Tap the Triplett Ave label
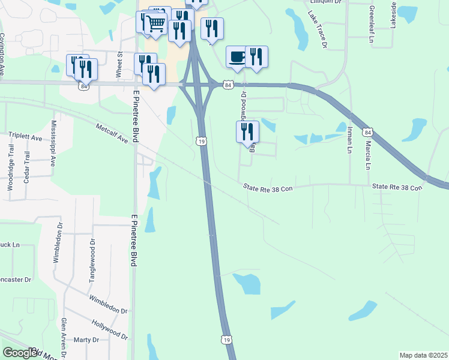[x=25, y=137]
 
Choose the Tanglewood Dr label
[x=92, y=257]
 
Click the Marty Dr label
[x=86, y=340]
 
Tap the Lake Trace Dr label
[x=319, y=29]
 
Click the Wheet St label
[x=119, y=65]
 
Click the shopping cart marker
[x=155, y=24]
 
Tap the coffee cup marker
[x=237, y=56]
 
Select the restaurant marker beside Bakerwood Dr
[x=247, y=131]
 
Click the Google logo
[x=20, y=353]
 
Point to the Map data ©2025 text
[x=423, y=355]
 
